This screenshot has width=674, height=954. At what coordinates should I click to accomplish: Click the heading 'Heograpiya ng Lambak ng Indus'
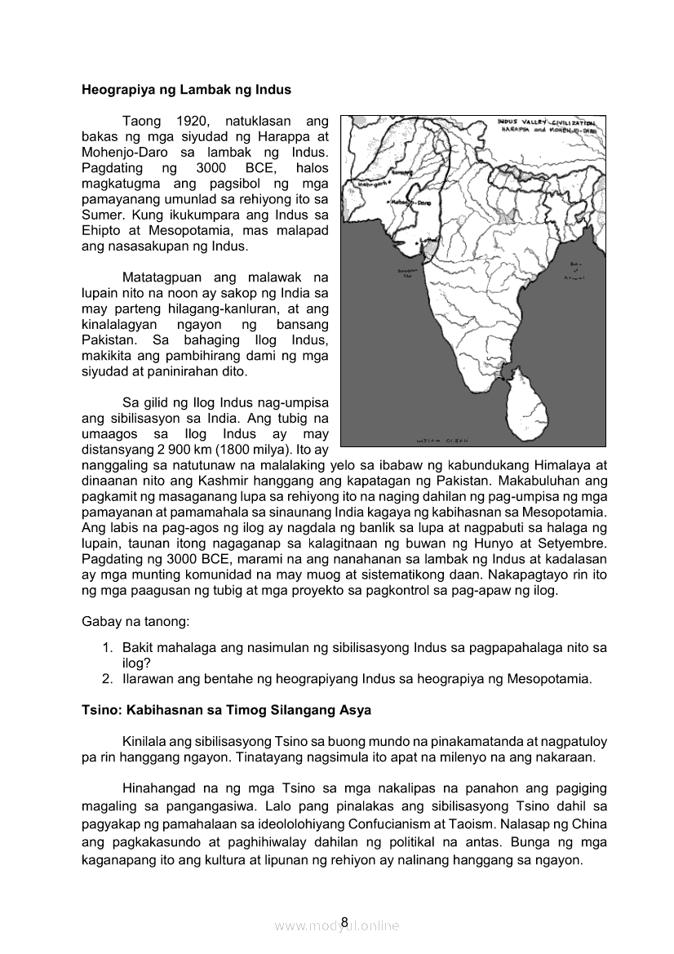186,89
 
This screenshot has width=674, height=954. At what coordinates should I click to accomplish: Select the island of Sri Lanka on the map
522,404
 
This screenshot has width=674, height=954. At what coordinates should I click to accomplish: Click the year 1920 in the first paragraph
195,121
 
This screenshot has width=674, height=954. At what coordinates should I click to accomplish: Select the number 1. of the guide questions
107,648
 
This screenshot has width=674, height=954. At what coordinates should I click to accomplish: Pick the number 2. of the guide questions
107,679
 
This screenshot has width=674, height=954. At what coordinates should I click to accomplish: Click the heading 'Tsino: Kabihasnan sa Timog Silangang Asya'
226,710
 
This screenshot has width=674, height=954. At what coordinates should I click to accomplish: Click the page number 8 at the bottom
344,922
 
